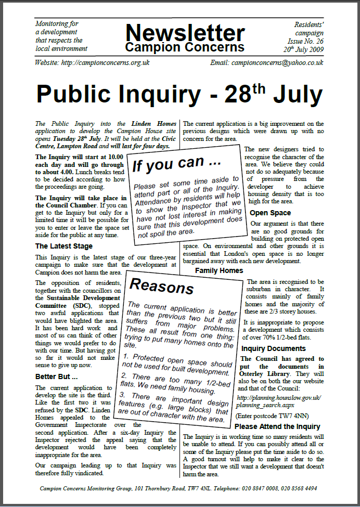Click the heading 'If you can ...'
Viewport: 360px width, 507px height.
pyautogui.click(x=169, y=164)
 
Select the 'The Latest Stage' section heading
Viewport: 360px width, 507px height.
pyautogui.click(x=64, y=246)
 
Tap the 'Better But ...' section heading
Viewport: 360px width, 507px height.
pyautogui.click(x=56, y=376)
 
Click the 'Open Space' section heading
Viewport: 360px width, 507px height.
pyautogui.click(x=270, y=213)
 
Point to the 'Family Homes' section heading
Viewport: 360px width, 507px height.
pyautogui.click(x=219, y=270)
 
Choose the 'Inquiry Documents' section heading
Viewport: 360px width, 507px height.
pyautogui.click(x=273, y=348)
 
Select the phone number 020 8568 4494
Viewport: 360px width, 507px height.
pyautogui.click(x=304, y=489)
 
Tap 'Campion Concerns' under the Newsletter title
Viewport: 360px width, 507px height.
pyautogui.click(x=185, y=47)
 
